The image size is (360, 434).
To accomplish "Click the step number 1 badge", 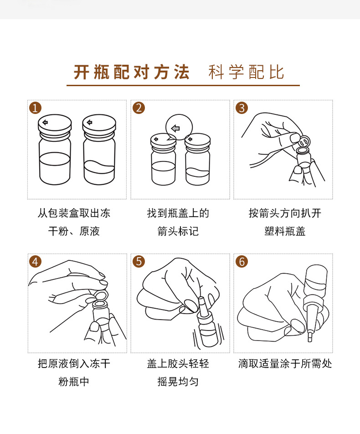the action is click(35, 108).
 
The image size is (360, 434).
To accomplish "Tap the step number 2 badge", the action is click(139, 108).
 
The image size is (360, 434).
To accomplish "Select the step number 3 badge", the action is click(242, 108).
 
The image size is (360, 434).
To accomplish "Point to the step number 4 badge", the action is click(35, 262).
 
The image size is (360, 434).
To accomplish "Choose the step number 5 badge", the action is click(139, 262).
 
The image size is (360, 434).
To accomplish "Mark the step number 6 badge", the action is click(242, 262).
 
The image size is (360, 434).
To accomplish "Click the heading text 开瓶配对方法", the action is click(132, 72).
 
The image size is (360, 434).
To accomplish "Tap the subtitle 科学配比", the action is click(246, 72).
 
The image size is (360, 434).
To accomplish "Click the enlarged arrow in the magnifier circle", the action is click(176, 128).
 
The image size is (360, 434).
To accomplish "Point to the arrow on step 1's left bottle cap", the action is click(45, 122).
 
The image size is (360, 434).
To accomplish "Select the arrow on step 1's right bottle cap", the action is click(89, 122).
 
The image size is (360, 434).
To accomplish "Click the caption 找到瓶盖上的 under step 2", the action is click(178, 213).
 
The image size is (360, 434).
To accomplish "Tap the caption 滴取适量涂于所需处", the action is click(285, 363).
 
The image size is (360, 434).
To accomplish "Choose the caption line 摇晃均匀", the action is click(178, 382).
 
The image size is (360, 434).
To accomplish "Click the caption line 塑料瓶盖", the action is click(285, 231).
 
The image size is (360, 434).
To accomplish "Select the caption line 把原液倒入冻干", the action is click(74, 363).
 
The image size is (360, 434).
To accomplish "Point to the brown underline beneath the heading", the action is click(183, 85).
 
